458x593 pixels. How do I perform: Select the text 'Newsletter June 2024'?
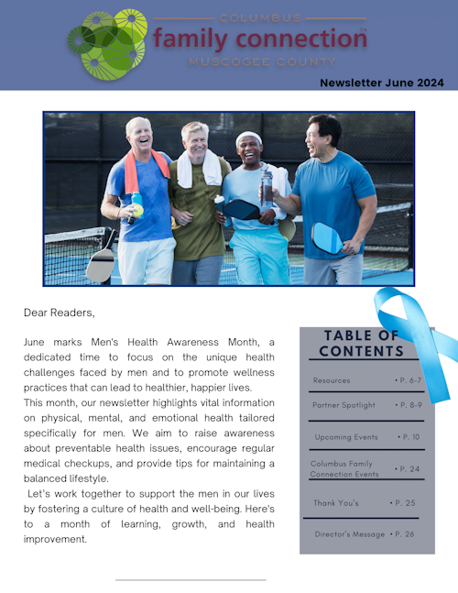pyautogui.click(x=382, y=82)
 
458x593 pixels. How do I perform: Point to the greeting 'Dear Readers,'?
pyautogui.click(x=60, y=313)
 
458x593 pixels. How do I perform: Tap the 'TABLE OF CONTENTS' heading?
pyautogui.click(x=361, y=343)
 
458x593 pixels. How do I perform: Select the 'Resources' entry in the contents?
pyautogui.click(x=331, y=379)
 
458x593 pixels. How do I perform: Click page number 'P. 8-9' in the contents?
pyautogui.click(x=409, y=404)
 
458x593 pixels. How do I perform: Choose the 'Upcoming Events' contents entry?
pyautogui.click(x=346, y=437)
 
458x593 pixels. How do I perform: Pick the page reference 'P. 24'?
pyautogui.click(x=408, y=468)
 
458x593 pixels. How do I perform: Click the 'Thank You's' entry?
pyautogui.click(x=336, y=503)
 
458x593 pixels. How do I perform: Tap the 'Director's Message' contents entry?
pyautogui.click(x=349, y=533)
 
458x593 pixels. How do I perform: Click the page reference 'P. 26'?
pyautogui.click(x=403, y=533)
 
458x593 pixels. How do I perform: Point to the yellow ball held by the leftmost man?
pyautogui.click(x=137, y=210)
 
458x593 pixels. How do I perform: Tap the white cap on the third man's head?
pyautogui.click(x=248, y=138)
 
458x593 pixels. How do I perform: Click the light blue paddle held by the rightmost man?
pyautogui.click(x=326, y=238)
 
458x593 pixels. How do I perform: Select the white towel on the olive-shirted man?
pyautogui.click(x=201, y=169)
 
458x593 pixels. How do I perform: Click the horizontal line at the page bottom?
pyautogui.click(x=191, y=579)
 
